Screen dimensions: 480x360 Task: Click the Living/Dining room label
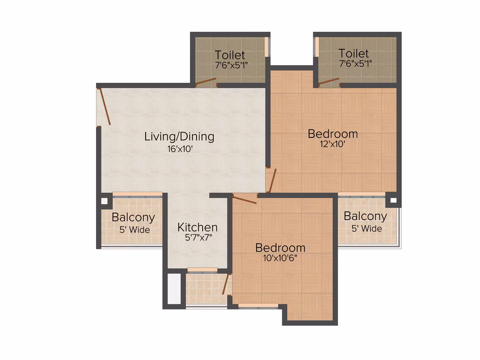coord(179,137)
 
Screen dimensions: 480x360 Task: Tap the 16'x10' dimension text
coord(180,149)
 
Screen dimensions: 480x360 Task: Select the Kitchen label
coord(197,227)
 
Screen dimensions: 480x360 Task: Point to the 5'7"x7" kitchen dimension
coord(198,238)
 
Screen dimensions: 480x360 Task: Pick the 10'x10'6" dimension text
coord(280,258)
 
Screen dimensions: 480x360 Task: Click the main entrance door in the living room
coord(104,106)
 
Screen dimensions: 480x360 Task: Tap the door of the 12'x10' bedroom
coord(272,180)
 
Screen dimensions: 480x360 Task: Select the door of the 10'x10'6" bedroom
coord(245,199)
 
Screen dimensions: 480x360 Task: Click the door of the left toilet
coord(206,82)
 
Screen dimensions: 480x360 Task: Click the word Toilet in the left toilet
coord(230,55)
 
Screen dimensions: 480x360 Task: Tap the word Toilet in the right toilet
coord(353,53)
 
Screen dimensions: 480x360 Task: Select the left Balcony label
coord(134,217)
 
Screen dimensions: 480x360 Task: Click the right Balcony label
coord(365,216)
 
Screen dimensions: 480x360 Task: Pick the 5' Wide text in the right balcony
coord(367,229)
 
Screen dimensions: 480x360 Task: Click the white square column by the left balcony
coord(104,201)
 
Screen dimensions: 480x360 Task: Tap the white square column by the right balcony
coord(394,201)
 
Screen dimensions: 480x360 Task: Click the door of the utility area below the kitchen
coord(226,284)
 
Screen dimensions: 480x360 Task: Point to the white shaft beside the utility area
coord(174,288)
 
